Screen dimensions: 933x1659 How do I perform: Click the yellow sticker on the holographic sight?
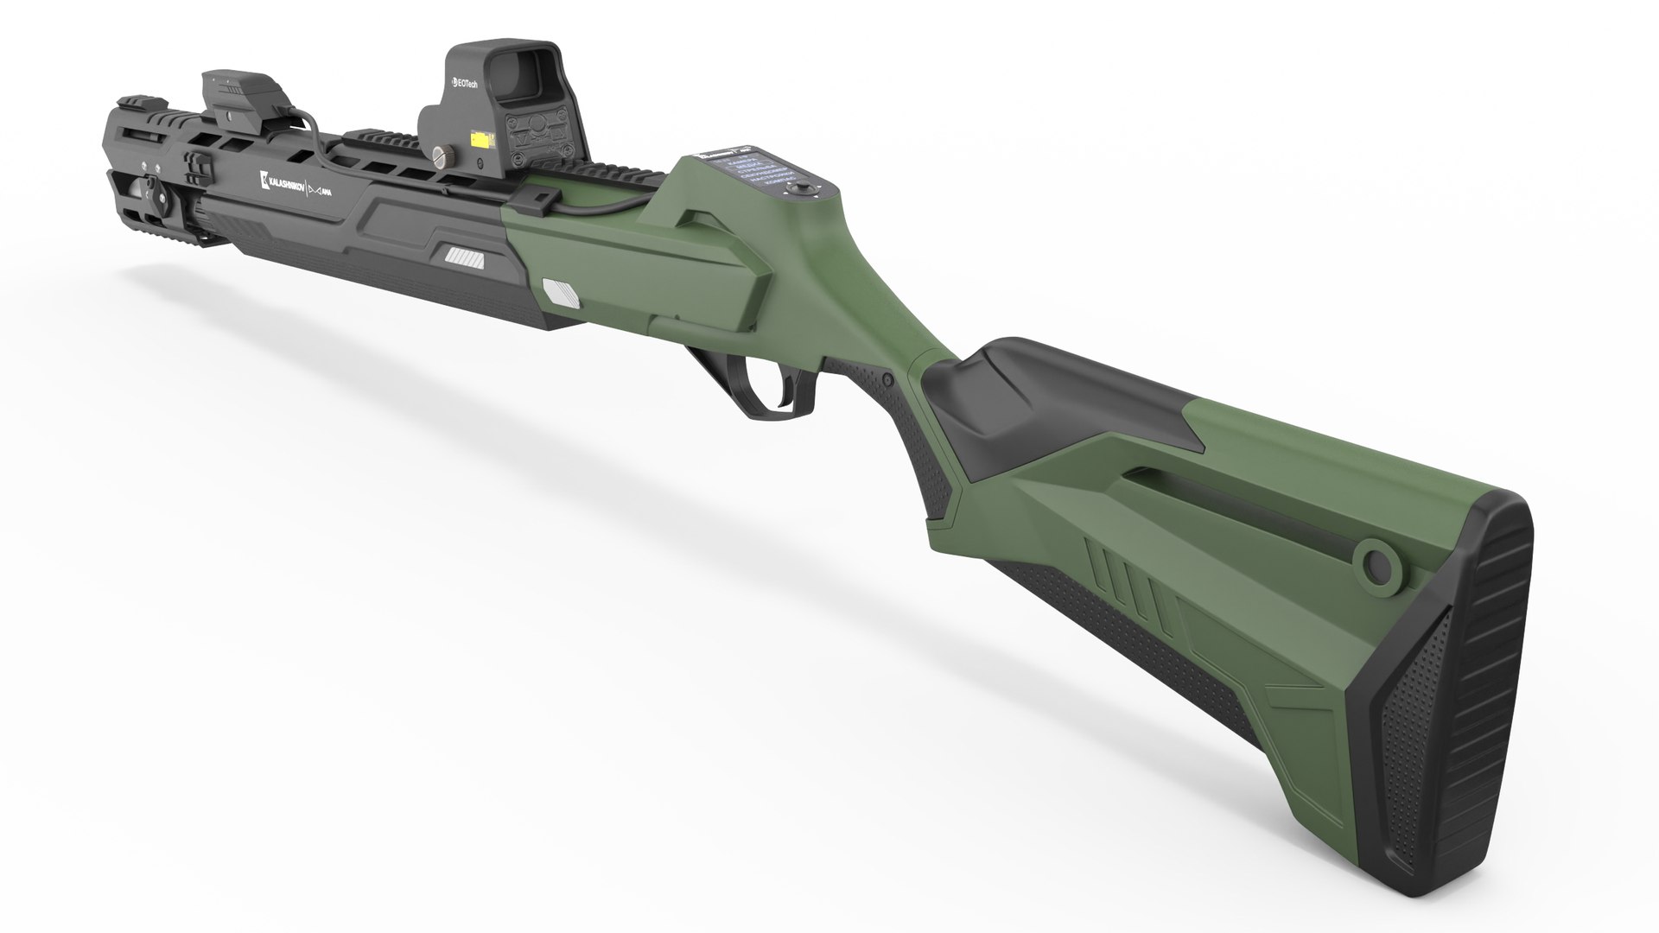477,137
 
